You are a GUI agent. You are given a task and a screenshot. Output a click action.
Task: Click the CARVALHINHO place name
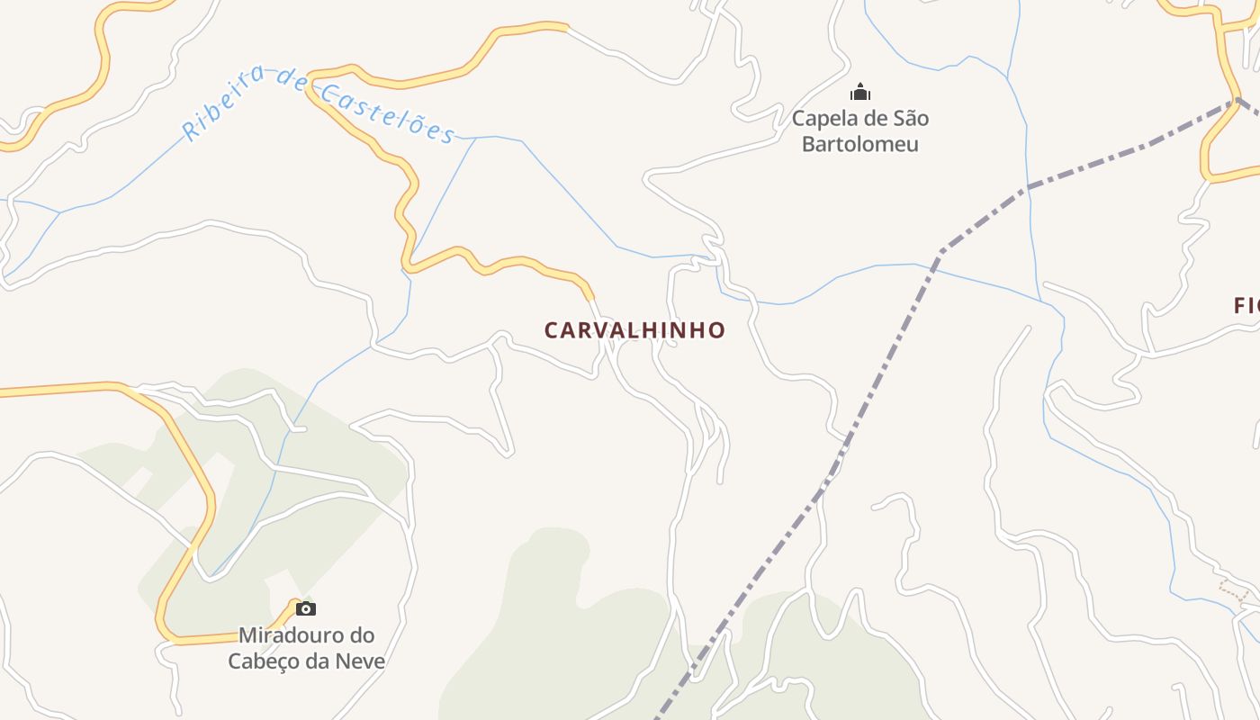[x=634, y=330]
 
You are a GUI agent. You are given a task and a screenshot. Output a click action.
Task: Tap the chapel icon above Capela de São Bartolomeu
[x=860, y=92]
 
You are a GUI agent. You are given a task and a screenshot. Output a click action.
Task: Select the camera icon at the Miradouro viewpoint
[x=306, y=608]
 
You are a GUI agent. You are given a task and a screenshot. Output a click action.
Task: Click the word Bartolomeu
[x=859, y=144]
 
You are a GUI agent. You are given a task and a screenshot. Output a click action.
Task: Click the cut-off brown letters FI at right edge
[x=1246, y=306]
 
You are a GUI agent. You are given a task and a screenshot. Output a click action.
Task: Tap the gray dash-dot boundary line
[x=886, y=360]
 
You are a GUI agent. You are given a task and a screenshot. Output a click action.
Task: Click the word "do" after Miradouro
[x=362, y=635]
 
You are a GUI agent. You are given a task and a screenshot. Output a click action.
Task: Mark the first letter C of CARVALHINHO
[x=552, y=330]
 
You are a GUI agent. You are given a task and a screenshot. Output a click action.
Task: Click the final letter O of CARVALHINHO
[x=716, y=330]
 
